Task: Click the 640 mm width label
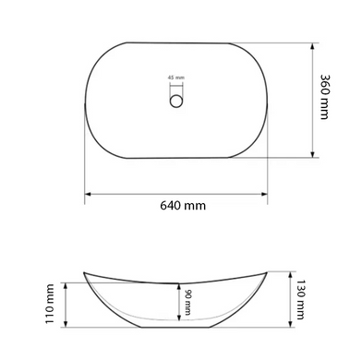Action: [x=183, y=205]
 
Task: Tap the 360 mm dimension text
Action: [x=324, y=97]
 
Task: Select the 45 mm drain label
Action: [x=176, y=78]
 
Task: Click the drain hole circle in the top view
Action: [x=176, y=101]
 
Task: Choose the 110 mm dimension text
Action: [x=50, y=304]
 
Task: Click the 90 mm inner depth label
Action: [x=187, y=302]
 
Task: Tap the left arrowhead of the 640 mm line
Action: [x=88, y=194]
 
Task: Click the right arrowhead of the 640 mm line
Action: [x=264, y=194]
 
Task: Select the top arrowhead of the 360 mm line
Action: [x=312, y=46]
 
